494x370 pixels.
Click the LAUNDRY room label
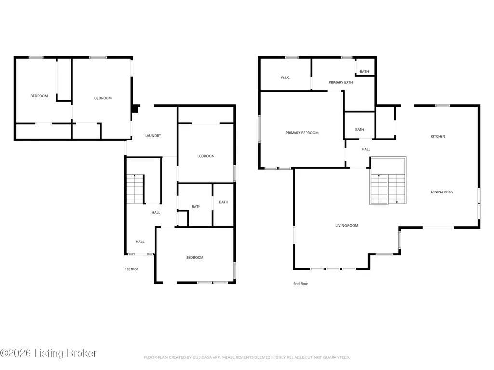coord(153,136)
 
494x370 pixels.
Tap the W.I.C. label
coord(285,77)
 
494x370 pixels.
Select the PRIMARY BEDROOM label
coord(302,133)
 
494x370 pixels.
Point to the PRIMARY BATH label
coord(341,82)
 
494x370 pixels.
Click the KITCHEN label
coord(438,136)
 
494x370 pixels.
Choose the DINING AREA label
coord(441,192)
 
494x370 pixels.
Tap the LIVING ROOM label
coord(347,225)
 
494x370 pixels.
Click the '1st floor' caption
coord(132,269)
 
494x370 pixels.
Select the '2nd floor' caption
coord(301,284)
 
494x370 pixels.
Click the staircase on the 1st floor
coord(135,189)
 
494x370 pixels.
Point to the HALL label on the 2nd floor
coord(366,149)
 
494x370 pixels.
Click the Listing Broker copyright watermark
coord(48,353)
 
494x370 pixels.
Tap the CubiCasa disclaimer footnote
coord(247,357)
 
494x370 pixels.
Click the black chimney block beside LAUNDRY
coord(136,108)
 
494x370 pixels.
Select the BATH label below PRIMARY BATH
coord(360,129)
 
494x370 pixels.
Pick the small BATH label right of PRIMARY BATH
coord(364,71)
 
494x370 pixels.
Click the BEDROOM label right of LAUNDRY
coord(206,156)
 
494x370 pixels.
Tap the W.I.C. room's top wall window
coord(292,57)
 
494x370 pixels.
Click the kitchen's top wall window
coord(442,106)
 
